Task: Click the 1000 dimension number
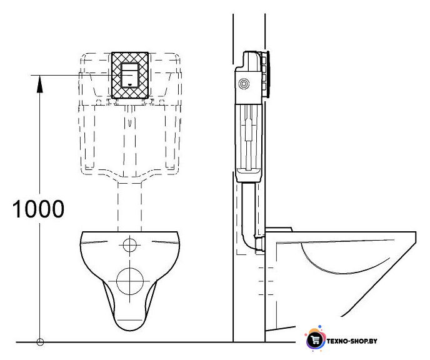click(38, 209)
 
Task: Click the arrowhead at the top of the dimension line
click(40, 84)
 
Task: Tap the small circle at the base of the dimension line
click(40, 342)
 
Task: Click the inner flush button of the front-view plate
click(130, 75)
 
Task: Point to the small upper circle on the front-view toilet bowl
click(130, 245)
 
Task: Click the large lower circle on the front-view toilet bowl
click(130, 281)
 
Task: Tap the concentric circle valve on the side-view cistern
click(244, 84)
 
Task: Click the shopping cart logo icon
click(316, 339)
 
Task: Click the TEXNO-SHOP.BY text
click(352, 341)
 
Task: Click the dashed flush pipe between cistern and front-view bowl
click(130, 206)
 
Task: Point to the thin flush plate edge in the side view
click(268, 74)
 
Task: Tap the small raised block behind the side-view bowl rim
click(279, 229)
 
